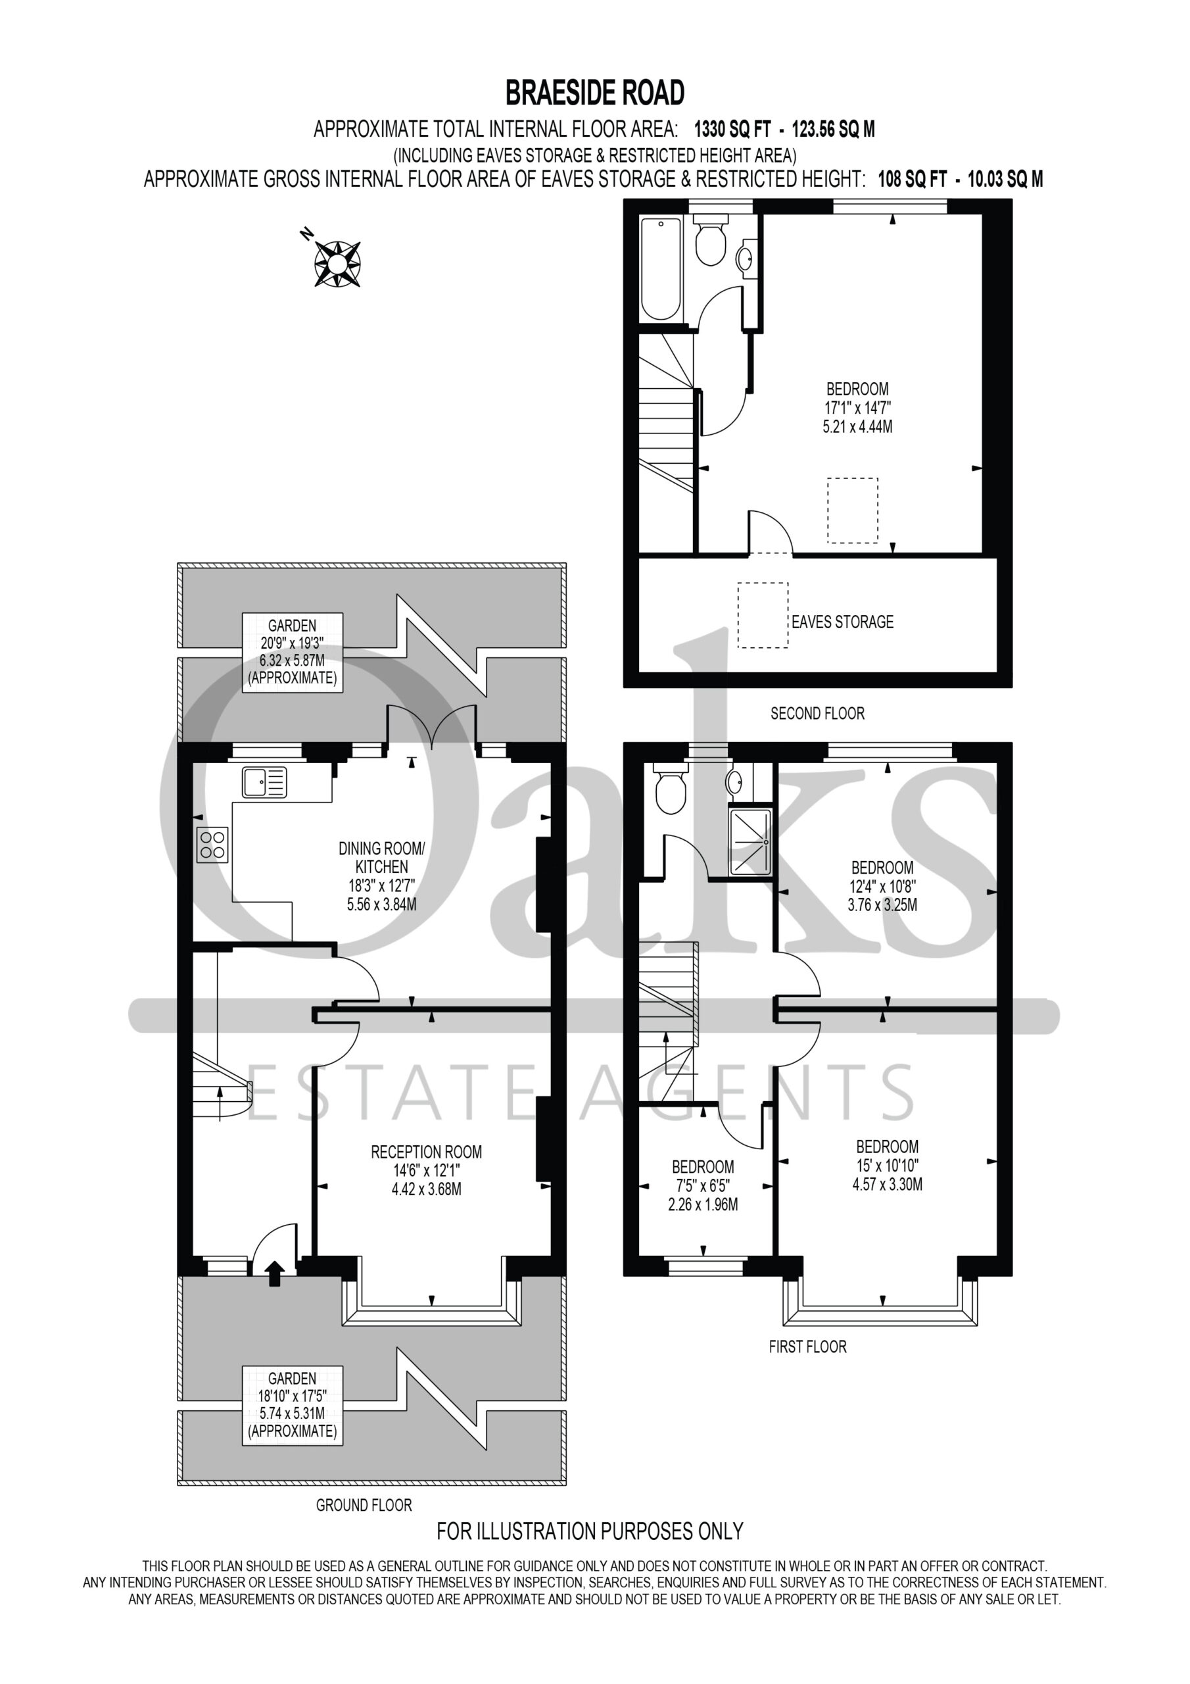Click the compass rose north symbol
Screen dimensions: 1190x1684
(x=337, y=262)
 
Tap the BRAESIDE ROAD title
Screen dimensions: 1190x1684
(x=594, y=93)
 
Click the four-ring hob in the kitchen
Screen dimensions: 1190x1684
(x=212, y=844)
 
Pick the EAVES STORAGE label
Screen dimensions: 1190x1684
(x=842, y=622)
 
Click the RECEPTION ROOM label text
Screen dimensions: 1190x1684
(x=426, y=1152)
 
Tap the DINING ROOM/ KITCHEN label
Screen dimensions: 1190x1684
(x=381, y=857)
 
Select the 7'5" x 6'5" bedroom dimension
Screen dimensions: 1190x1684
(x=703, y=1185)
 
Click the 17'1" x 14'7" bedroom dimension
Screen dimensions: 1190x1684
(x=858, y=408)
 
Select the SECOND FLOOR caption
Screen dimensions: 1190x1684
(x=817, y=713)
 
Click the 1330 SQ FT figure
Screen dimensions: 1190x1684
(x=732, y=130)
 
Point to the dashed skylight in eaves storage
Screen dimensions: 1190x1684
(x=763, y=615)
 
